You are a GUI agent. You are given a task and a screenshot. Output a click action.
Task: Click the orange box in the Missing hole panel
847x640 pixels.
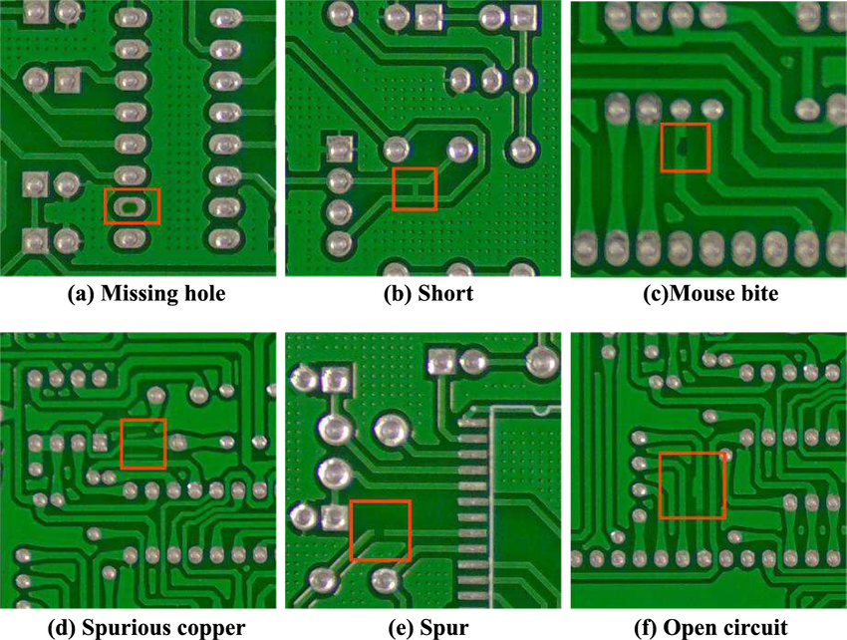(x=133, y=206)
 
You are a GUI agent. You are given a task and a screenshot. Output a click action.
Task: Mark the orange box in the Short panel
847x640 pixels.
(x=415, y=188)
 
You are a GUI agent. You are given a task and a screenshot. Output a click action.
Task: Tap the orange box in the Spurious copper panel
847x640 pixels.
(x=142, y=444)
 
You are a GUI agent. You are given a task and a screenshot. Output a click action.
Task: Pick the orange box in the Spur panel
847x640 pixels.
(x=381, y=530)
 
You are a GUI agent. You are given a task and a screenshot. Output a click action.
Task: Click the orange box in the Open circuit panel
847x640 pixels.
(x=693, y=485)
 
